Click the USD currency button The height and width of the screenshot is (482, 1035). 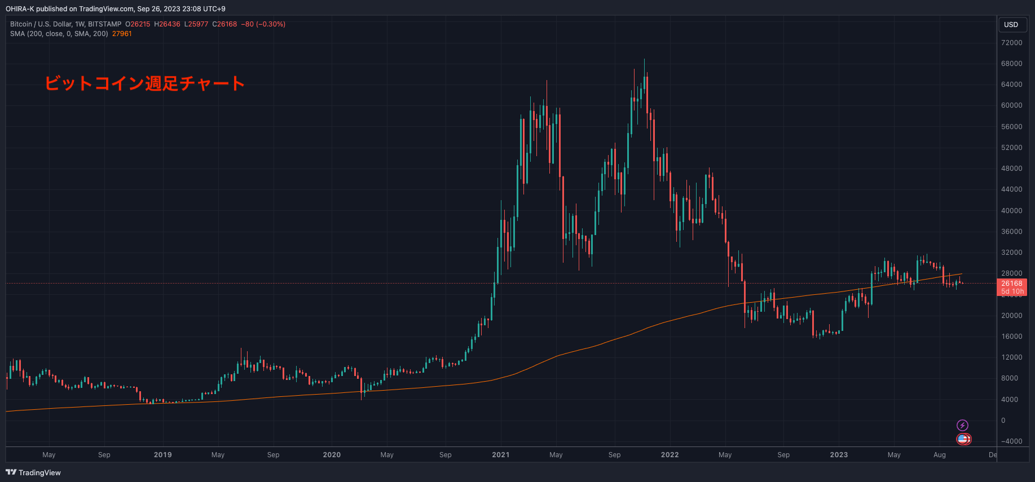[x=1011, y=25]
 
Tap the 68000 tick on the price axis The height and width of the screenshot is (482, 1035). [x=1011, y=64]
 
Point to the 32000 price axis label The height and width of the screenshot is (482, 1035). [x=1011, y=253]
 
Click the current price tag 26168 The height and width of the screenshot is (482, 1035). [x=1012, y=284]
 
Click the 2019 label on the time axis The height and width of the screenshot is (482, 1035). [x=163, y=455]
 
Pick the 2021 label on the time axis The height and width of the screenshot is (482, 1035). [x=501, y=455]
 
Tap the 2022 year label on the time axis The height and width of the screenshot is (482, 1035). [x=670, y=455]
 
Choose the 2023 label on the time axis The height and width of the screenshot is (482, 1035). [x=839, y=455]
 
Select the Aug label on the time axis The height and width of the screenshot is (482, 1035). [x=940, y=455]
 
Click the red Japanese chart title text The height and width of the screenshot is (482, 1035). [x=144, y=83]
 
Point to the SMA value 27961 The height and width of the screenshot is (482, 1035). [x=122, y=34]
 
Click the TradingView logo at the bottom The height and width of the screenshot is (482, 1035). [x=33, y=472]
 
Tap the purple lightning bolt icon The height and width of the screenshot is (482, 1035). [x=963, y=425]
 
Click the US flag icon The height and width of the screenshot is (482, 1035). [x=963, y=439]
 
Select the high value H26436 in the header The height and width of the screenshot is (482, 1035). [x=167, y=24]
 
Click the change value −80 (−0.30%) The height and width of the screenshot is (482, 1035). [x=263, y=24]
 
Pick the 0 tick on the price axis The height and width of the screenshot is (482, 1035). [x=1003, y=421]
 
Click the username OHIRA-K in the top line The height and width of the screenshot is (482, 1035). [x=20, y=9]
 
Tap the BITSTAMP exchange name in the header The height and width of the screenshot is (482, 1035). [x=105, y=24]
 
